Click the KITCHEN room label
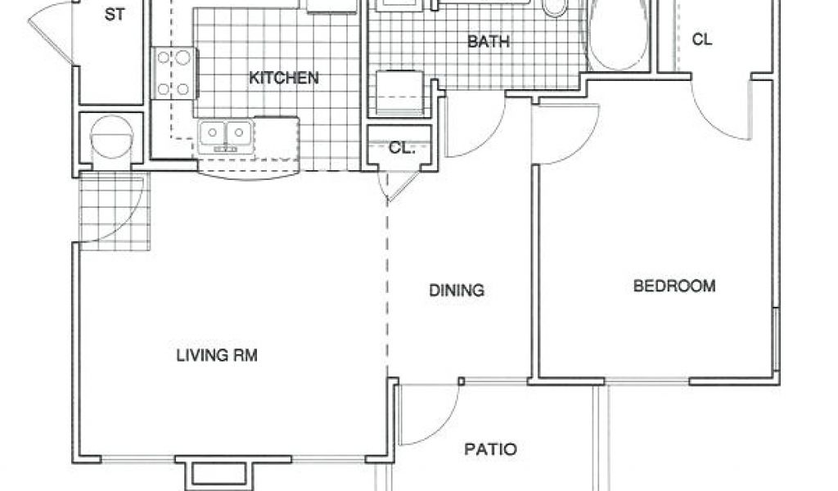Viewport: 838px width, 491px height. point(284,78)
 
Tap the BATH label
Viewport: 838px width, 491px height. point(489,42)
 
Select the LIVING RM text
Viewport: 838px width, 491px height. point(217,355)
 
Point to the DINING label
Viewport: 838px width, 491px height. point(457,291)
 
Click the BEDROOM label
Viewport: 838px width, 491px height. point(674,286)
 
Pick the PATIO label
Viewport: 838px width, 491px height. point(491,449)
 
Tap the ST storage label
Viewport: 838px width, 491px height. point(115,15)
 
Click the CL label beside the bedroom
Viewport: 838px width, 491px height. point(702,39)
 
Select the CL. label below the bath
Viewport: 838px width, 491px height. point(402,148)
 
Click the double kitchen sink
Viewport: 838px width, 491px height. point(226,135)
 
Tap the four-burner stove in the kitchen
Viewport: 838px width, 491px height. point(174,73)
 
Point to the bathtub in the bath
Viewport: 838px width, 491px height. point(619,35)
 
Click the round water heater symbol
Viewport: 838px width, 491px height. point(111,137)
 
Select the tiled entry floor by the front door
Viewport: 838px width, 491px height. point(115,210)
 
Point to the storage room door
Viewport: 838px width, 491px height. point(50,32)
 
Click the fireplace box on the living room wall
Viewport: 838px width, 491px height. point(219,473)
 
